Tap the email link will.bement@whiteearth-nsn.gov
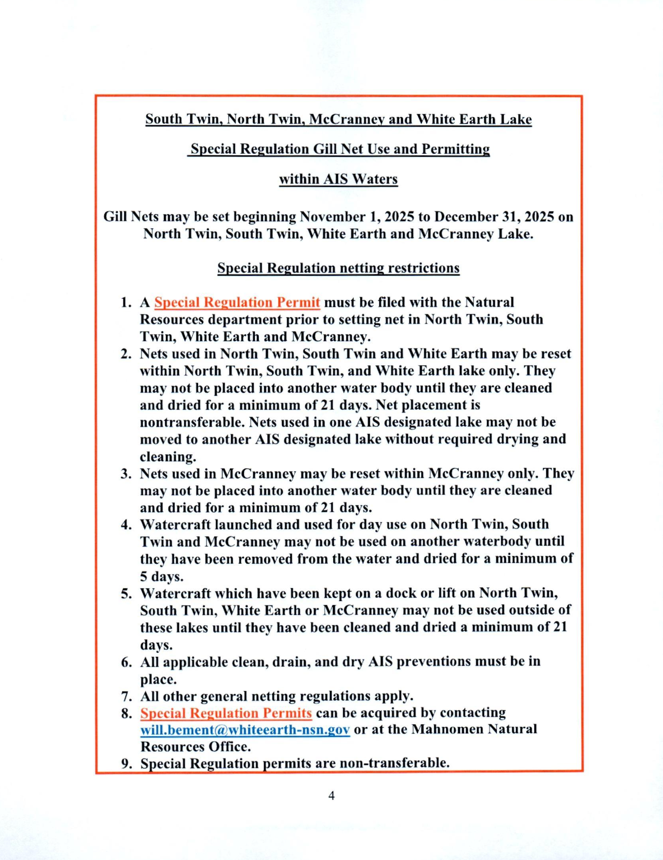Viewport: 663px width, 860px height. [x=245, y=729]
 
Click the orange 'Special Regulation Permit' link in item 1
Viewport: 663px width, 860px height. [x=236, y=302]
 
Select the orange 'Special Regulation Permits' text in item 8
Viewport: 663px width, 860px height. [x=226, y=712]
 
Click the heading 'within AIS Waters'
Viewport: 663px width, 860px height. [x=338, y=179]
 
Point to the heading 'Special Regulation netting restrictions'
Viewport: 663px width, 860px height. [x=338, y=268]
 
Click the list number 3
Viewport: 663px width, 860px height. [x=126, y=473]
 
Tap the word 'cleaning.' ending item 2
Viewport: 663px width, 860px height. [x=168, y=457]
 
